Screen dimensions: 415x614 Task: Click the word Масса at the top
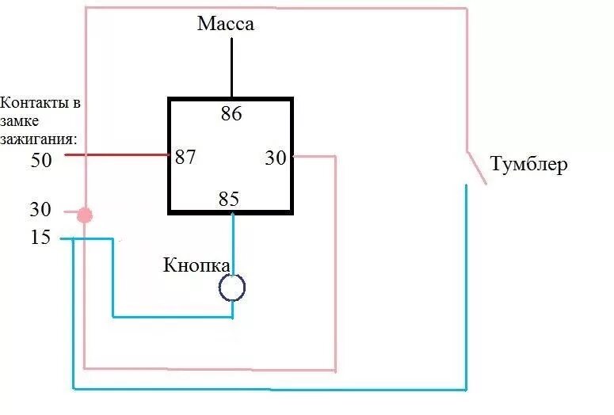coord(226,24)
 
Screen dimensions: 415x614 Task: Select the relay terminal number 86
coord(231,114)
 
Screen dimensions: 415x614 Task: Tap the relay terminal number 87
coord(185,157)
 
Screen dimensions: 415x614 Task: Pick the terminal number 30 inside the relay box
coord(276,158)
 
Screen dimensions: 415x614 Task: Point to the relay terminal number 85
coord(229,200)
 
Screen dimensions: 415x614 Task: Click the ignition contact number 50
coord(40,161)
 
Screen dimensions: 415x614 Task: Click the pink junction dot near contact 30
coord(85,215)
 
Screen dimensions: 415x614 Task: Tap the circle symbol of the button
coord(232,288)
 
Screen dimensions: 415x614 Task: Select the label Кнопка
coord(196,265)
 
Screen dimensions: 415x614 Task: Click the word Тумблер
coord(528,166)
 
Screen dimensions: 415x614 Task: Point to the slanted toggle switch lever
coord(476,168)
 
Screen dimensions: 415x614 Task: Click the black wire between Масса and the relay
coord(231,67)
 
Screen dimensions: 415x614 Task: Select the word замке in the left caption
coord(19,120)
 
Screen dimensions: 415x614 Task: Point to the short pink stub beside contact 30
coord(68,212)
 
